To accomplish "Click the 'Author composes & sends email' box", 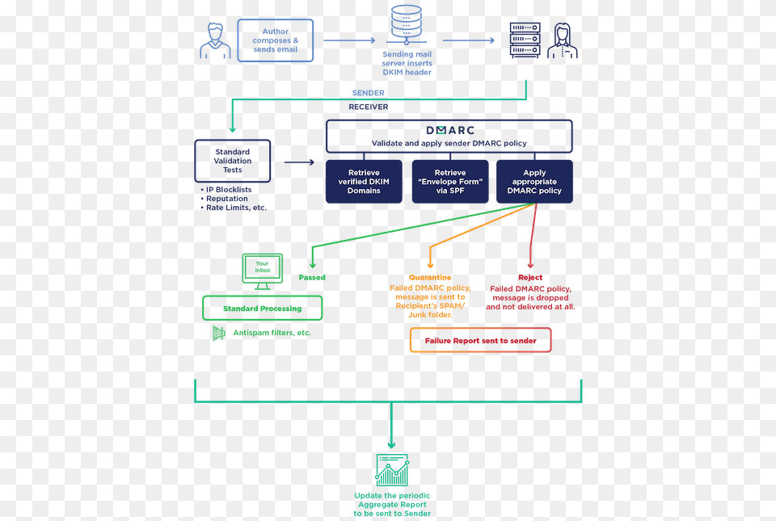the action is (x=275, y=40).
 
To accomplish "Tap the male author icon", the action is (x=215, y=41).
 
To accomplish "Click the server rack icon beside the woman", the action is (x=525, y=40).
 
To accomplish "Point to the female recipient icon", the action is (x=563, y=40).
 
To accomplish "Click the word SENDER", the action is (x=369, y=93).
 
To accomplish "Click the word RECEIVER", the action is (x=369, y=107).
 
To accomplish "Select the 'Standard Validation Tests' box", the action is (x=233, y=161).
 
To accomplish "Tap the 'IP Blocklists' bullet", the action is (x=226, y=190).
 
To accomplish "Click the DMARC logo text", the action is (x=450, y=131).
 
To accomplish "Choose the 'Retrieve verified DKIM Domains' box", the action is (x=364, y=182).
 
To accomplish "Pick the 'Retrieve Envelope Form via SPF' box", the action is (x=450, y=182).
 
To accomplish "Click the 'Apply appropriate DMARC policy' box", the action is (x=534, y=182).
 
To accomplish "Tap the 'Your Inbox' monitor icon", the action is (x=262, y=271).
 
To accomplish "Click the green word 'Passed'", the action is (x=312, y=278).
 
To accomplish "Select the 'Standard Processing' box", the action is (x=262, y=309).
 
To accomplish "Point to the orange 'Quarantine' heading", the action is (x=430, y=278).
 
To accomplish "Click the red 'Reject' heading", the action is (x=530, y=278).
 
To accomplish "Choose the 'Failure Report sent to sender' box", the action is (x=480, y=341).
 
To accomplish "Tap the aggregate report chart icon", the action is (x=393, y=469).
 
